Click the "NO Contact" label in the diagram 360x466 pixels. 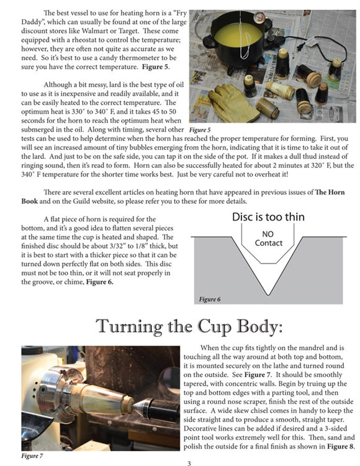click(268, 239)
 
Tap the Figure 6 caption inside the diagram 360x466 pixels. click(210, 299)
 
